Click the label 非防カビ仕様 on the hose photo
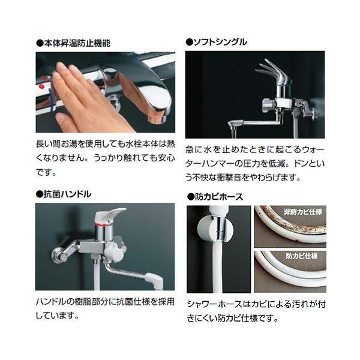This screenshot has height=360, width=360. [x=303, y=211]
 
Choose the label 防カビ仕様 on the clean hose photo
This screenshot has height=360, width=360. [x=302, y=256]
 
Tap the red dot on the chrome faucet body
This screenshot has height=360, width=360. [x=41, y=87]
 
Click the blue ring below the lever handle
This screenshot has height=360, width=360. [x=284, y=86]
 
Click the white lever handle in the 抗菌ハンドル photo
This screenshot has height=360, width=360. [x=109, y=215]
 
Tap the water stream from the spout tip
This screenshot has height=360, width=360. [x=233, y=133]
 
